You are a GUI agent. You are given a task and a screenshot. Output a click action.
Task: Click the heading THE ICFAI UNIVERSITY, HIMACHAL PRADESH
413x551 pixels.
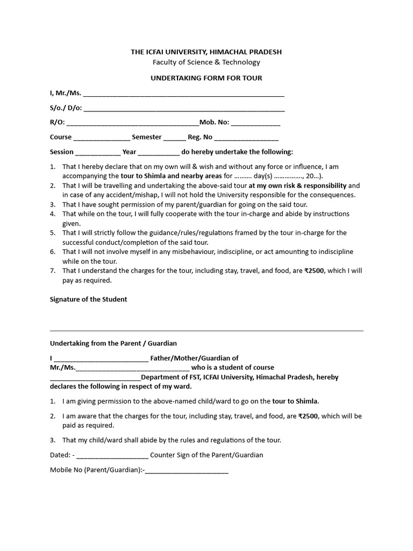point(206,52)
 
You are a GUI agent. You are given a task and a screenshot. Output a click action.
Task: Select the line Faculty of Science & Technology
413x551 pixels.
point(206,62)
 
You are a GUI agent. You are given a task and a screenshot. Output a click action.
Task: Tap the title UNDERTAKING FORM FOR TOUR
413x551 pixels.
point(206,78)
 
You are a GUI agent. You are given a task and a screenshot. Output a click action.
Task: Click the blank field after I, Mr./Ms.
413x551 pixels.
point(183,94)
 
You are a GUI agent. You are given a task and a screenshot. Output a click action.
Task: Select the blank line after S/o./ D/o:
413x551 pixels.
point(184,109)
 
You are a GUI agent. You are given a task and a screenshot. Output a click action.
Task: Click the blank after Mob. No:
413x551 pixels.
point(255,123)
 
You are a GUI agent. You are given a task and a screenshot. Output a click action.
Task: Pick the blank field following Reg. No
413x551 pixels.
point(246,138)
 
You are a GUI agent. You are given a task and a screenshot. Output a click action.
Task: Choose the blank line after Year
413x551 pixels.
point(159,153)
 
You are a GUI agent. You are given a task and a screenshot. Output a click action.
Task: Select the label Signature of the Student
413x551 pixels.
point(89,299)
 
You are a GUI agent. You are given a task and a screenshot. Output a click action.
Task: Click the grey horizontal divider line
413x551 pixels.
point(206,330)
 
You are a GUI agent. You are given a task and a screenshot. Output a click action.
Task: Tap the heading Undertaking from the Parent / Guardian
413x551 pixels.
point(113,343)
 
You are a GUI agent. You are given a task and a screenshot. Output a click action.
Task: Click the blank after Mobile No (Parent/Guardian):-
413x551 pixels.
point(187,470)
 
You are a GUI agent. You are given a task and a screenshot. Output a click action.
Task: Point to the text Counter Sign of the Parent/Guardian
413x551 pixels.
point(206,455)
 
